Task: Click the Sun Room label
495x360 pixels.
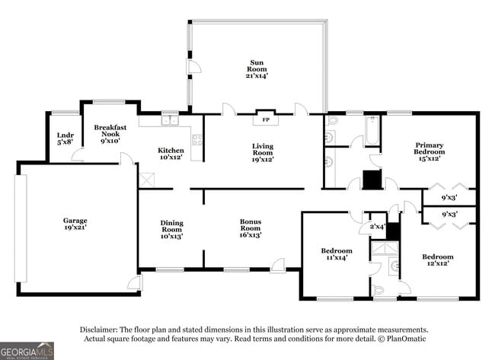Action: tap(257, 68)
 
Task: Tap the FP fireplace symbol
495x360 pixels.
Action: tap(266, 119)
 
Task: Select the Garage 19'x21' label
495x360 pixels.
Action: tap(75, 225)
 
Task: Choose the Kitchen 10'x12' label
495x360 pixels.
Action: tap(171, 153)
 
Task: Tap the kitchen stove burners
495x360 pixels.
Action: tap(196, 139)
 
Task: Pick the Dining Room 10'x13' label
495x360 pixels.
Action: tap(171, 229)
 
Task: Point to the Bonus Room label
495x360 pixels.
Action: tap(251, 229)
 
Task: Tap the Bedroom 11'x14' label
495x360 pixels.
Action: tap(336, 254)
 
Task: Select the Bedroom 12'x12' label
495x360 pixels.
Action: tap(438, 260)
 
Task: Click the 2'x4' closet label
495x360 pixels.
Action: tap(377, 226)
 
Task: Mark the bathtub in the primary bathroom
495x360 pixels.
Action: tap(372, 129)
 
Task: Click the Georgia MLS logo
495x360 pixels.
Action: tap(27, 350)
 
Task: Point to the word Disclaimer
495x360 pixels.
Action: tap(100, 329)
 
